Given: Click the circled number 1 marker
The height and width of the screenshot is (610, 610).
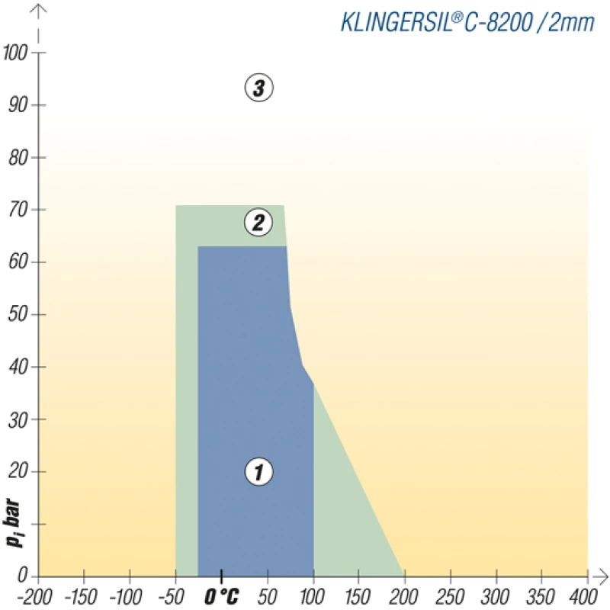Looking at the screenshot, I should pyautogui.click(x=258, y=472).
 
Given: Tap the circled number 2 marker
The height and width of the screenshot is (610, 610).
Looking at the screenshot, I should pyautogui.click(x=258, y=223).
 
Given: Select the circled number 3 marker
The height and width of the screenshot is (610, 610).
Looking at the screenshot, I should pyautogui.click(x=258, y=88).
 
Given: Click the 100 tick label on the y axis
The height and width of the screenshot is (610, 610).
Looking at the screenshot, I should pyautogui.click(x=16, y=53).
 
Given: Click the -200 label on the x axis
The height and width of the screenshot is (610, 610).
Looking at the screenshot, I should pyautogui.click(x=37, y=595).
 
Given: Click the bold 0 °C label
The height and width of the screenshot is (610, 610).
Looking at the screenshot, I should pyautogui.click(x=222, y=595).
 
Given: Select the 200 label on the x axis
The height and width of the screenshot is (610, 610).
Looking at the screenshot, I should pyautogui.click(x=404, y=595).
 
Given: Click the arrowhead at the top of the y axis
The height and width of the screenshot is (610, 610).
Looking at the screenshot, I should pyautogui.click(x=39, y=10).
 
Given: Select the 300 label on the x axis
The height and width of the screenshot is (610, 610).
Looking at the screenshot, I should pyautogui.click(x=496, y=595).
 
